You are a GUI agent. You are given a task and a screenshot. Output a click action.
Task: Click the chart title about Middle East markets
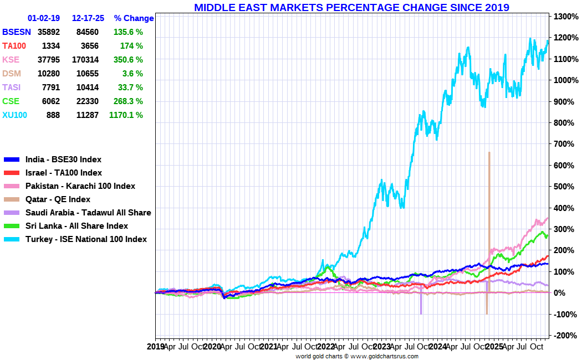(x=351, y=7)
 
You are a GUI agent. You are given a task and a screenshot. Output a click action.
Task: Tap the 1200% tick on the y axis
(x=566, y=38)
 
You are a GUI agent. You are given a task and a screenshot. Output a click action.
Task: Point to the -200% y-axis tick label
(x=566, y=336)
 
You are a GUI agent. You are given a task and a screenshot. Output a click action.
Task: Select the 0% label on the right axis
(x=560, y=293)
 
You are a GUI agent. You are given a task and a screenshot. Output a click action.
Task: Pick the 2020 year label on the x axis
(x=212, y=347)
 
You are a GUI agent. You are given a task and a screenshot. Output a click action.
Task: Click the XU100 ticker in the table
(x=15, y=115)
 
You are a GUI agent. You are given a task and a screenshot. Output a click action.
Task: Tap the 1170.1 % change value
(x=126, y=115)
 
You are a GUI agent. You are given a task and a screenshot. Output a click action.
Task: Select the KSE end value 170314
(x=88, y=60)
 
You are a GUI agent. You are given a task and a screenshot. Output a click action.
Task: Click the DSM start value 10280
(x=49, y=74)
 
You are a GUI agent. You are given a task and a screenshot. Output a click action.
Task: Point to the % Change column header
(x=134, y=18)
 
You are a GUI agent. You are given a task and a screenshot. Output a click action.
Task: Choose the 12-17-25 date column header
(x=88, y=18)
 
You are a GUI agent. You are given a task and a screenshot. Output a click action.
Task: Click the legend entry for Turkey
(x=86, y=239)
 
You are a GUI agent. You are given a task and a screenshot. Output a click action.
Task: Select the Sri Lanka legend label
(x=76, y=226)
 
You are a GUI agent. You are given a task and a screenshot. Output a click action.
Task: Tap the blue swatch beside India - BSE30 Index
(x=12, y=160)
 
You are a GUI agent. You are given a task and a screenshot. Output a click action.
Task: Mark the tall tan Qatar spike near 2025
(x=489, y=223)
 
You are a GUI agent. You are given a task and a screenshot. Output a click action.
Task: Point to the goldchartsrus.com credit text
(x=357, y=356)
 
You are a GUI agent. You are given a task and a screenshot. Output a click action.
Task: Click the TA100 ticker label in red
(x=14, y=46)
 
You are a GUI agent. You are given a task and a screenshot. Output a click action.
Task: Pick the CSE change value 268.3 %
(x=129, y=101)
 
